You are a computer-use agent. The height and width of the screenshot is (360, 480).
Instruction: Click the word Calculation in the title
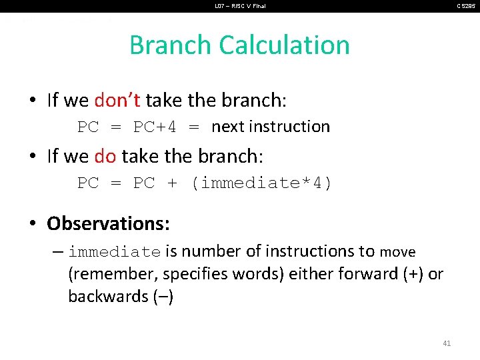tap(285, 45)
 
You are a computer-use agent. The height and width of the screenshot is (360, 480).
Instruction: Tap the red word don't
tap(117, 100)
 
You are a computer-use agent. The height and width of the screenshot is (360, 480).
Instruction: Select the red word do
tap(105, 157)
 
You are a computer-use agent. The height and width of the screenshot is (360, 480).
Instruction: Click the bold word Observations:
tap(108, 223)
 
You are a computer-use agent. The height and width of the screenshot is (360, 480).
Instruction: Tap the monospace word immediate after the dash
tap(114, 252)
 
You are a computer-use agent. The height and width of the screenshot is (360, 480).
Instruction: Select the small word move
tap(397, 252)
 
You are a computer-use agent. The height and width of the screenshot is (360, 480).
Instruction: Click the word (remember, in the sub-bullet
tap(113, 274)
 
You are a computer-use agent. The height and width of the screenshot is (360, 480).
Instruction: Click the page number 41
tap(447, 343)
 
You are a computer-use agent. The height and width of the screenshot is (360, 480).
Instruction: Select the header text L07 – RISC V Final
tap(240, 6)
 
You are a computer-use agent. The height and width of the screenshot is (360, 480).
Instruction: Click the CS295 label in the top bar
tap(466, 6)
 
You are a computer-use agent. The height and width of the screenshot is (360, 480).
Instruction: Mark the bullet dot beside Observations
tap(33, 223)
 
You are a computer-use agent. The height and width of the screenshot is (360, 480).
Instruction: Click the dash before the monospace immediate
tap(57, 252)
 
